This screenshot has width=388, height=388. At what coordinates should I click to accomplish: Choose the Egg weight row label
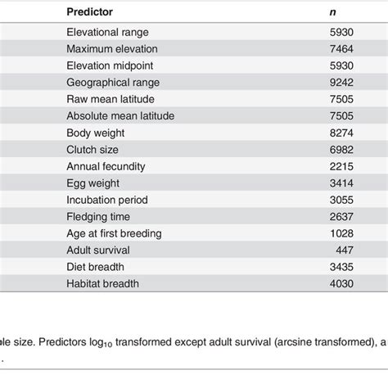point(93,183)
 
